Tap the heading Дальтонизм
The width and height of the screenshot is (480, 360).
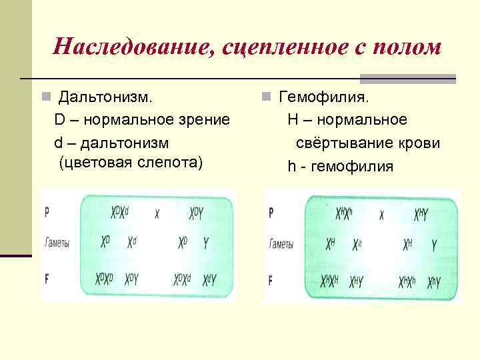click(105, 97)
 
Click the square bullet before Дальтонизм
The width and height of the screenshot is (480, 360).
click(45, 98)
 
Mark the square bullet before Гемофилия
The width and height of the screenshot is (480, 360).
click(265, 98)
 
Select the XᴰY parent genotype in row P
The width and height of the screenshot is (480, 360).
click(197, 213)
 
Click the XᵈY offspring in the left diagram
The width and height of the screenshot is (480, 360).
click(209, 279)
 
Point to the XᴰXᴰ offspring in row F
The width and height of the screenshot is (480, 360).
click(107, 279)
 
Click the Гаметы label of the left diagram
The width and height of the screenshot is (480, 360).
click(57, 243)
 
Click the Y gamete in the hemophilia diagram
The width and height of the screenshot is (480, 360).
click(434, 245)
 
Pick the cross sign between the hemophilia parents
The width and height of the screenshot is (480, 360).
click(382, 215)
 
